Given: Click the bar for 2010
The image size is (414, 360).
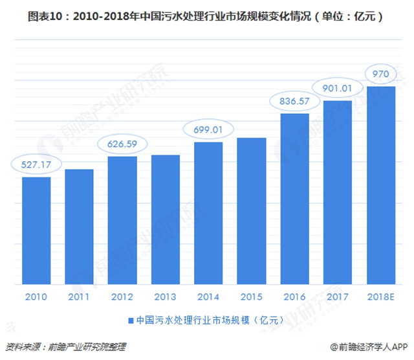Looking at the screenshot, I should (36, 230).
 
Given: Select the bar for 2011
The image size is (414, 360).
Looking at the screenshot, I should (79, 226).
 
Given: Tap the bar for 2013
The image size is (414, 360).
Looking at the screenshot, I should (165, 219).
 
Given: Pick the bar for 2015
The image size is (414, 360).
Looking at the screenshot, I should (251, 210).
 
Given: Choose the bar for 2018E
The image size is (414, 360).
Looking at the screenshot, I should (380, 185).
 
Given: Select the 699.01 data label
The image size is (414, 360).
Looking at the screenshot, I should (208, 129).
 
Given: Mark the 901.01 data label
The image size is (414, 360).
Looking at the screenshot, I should (337, 87).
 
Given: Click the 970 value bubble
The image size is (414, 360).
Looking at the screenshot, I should (380, 73).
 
